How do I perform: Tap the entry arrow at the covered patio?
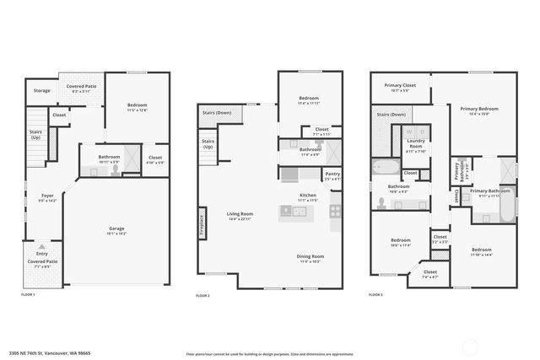click(41, 246)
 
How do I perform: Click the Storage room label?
click(41, 90)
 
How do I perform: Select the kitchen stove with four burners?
click(335, 210)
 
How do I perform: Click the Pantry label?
click(332, 175)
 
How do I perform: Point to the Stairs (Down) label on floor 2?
click(217, 112)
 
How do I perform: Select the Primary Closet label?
click(401, 85)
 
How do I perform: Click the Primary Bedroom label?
click(478, 109)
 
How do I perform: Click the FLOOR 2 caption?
click(202, 296)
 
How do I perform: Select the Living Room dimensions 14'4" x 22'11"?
click(240, 218)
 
